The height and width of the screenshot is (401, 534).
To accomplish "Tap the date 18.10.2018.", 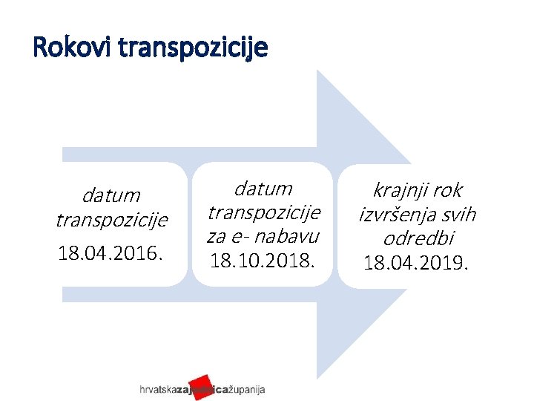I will tap(263, 260).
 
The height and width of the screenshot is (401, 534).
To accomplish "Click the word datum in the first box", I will tap(111, 196).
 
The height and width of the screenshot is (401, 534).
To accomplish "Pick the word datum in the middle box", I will tap(263, 189).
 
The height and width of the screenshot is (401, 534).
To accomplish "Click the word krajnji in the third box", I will tap(398, 190).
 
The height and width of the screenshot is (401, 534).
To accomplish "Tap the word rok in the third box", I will tap(446, 190).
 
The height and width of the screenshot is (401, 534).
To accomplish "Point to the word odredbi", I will tap(418, 238).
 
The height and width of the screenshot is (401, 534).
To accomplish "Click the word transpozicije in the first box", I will tap(111, 221).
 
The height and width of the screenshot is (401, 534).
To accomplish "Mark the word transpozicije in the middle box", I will tap(263, 212).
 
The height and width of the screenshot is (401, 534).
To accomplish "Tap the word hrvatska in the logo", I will tap(156, 390).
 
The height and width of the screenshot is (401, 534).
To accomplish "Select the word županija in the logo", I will tap(245, 390).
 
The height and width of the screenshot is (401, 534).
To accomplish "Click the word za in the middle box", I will tap(217, 236).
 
